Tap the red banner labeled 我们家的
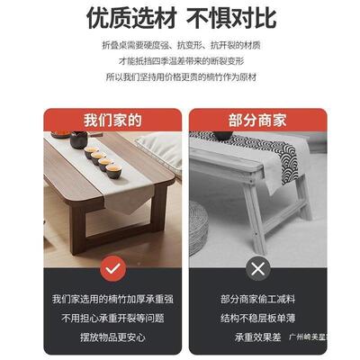pyautogui.click(x=112, y=118)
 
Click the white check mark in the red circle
pyautogui.click(x=112, y=267)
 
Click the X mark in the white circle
pyautogui.click(x=259, y=267)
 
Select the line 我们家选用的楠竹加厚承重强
pyautogui.click(x=112, y=299)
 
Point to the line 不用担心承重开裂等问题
pyautogui.click(x=112, y=317)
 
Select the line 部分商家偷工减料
pyautogui.click(x=258, y=299)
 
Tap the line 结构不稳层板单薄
pyautogui.click(x=258, y=317)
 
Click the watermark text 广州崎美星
pyautogui.click(x=307, y=337)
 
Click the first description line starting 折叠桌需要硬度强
pyautogui.click(x=180, y=44)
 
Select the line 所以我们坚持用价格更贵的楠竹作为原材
pyautogui.click(x=180, y=77)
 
